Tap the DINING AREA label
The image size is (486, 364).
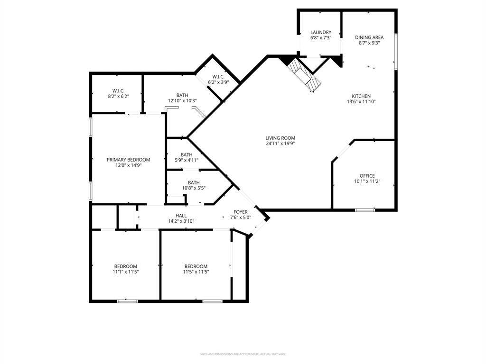(369, 37)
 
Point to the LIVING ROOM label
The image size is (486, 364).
(280, 138)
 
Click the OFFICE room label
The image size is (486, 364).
(367, 176)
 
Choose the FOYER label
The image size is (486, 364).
(241, 212)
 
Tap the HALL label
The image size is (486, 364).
(181, 216)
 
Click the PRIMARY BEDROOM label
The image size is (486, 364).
(128, 160)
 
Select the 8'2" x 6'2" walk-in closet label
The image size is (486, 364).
(118, 96)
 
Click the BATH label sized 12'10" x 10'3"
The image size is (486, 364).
(182, 100)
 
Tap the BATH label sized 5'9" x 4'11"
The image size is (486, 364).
(186, 160)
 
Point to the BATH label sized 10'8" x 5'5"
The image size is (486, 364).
(193, 188)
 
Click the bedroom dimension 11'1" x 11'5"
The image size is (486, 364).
(125, 272)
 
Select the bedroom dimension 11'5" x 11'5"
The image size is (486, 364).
(196, 272)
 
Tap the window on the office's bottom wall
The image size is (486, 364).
(365, 209)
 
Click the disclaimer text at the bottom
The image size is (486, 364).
(243, 354)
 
